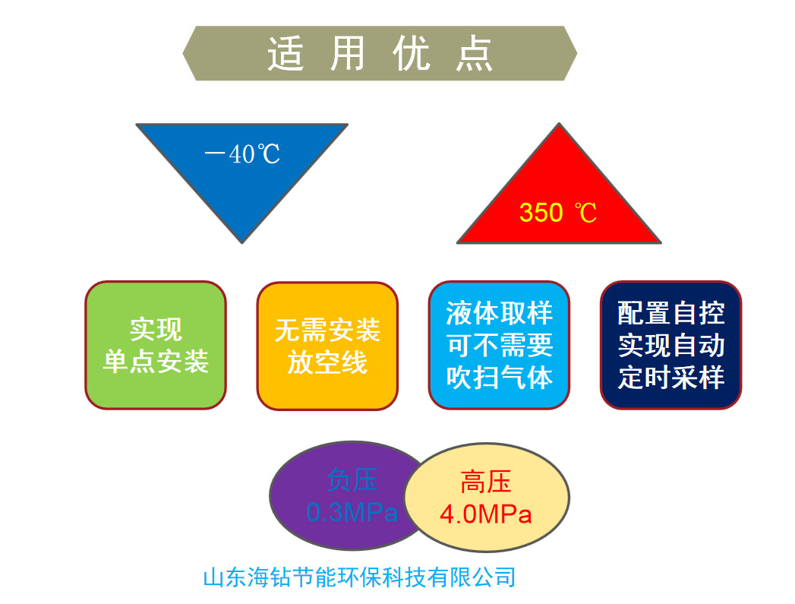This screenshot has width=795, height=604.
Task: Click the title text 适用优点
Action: tap(380, 54)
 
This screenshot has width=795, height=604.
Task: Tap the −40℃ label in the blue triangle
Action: tap(242, 153)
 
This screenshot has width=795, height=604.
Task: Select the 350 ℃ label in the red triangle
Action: tap(558, 213)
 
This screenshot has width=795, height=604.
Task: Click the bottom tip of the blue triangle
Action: tap(242, 243)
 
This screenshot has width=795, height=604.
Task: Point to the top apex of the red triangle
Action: tap(559, 123)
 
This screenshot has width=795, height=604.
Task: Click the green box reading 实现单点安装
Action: tap(156, 345)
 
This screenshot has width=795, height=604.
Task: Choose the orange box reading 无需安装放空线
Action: tap(327, 346)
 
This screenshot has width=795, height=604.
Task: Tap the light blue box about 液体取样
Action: tap(499, 345)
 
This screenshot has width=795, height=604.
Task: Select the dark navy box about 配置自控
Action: tap(670, 345)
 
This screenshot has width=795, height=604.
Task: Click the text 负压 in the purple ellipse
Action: tap(352, 479)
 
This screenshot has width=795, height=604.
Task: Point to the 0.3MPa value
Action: tap(352, 512)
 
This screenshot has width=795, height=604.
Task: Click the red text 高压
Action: tap(485, 481)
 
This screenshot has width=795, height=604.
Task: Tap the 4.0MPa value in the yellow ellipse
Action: tap(485, 514)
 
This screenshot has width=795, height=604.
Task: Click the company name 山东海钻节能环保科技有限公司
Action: tap(359, 577)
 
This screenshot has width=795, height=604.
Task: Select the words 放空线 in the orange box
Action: tap(327, 362)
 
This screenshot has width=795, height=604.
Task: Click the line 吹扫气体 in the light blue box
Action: tap(500, 378)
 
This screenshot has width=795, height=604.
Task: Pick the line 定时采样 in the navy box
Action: tap(670, 378)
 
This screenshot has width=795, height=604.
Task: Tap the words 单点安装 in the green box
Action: tap(156, 362)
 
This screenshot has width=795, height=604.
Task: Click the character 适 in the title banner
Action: tap(286, 54)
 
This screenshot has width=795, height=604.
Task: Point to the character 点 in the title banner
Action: tap(474, 54)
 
